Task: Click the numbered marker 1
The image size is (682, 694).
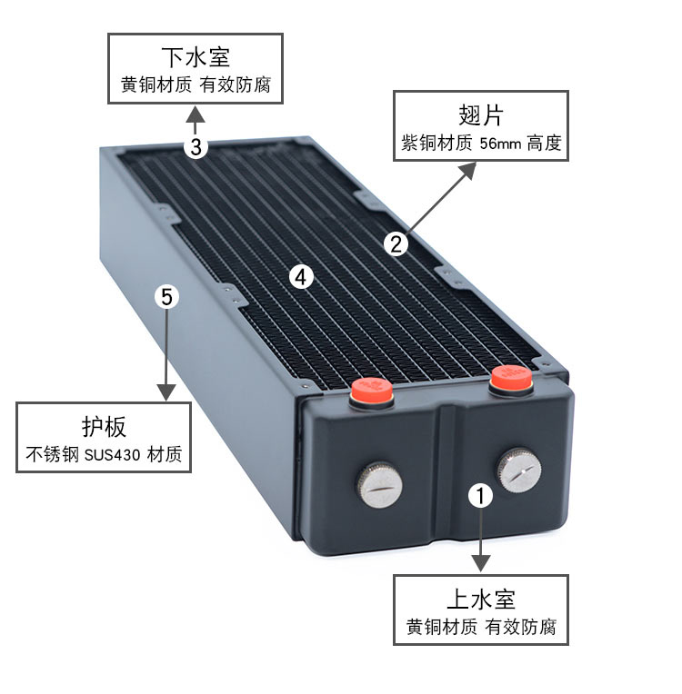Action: [x=481, y=495]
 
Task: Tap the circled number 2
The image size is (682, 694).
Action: [x=396, y=243]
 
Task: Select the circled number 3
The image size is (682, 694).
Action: [x=196, y=146]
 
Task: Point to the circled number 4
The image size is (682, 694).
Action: [x=301, y=278]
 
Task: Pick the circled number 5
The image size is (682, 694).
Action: [x=167, y=296]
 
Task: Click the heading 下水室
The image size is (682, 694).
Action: [x=196, y=57]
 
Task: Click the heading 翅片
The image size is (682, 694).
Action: [x=481, y=115]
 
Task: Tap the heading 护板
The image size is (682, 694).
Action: [x=104, y=426]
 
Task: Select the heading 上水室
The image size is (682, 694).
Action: [x=481, y=600]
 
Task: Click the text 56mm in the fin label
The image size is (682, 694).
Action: [x=500, y=144]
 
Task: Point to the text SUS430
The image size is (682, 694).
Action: [x=112, y=455]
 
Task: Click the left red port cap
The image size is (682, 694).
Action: [x=372, y=392]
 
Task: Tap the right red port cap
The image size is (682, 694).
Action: [x=511, y=380]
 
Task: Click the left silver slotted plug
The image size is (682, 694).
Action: [x=380, y=484]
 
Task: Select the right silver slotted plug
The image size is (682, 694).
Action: [x=519, y=470]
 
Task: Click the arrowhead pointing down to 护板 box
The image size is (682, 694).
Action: [x=167, y=392]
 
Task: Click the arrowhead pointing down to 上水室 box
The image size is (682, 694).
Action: [x=481, y=563]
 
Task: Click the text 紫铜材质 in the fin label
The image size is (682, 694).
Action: [x=437, y=144]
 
